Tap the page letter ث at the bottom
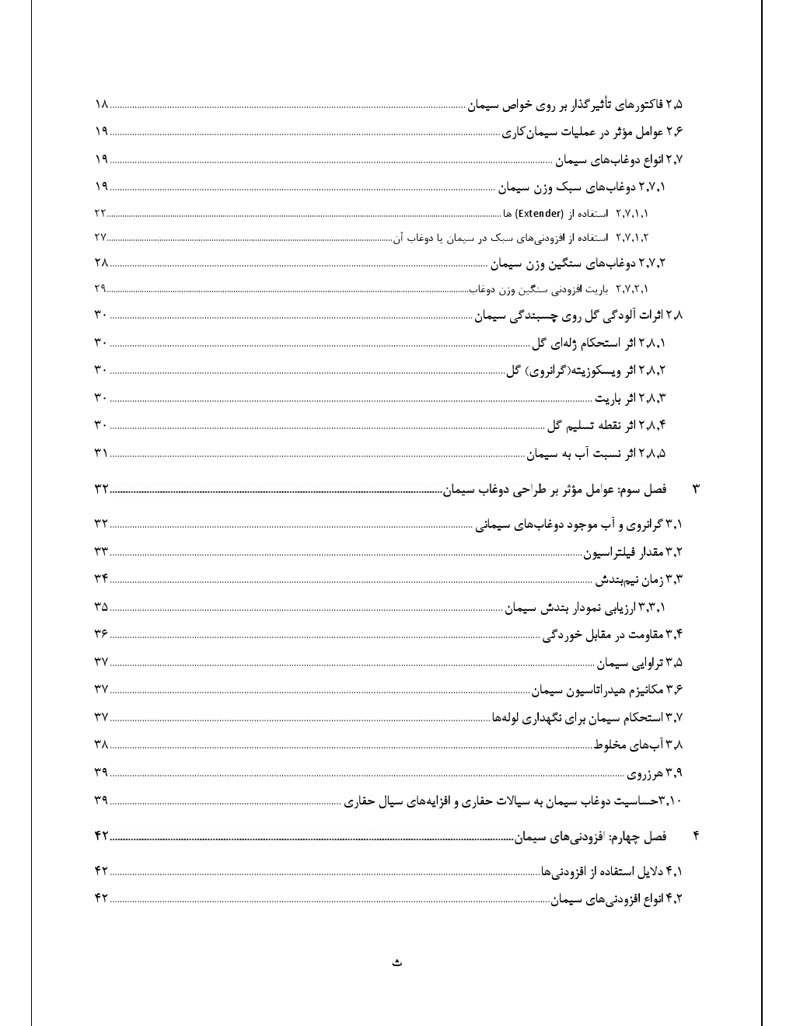(396, 963)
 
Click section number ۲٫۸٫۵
(652, 453)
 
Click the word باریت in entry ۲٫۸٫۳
(610, 399)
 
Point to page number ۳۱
(101, 452)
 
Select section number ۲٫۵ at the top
(673, 104)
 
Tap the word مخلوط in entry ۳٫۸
(610, 745)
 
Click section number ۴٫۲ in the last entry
(673, 899)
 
